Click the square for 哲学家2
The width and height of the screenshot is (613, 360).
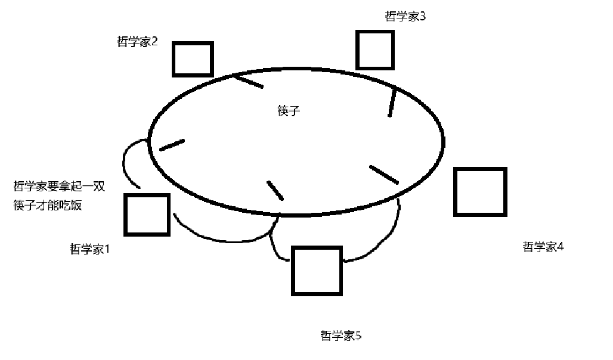pyautogui.click(x=193, y=59)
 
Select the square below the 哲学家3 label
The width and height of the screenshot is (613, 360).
pyautogui.click(x=374, y=49)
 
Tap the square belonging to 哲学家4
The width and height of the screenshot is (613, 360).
pyautogui.click(x=480, y=191)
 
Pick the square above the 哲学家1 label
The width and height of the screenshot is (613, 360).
pyautogui.click(x=147, y=214)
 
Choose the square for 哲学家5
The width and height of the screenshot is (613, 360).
pyautogui.click(x=317, y=270)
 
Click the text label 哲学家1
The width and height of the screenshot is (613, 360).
pyautogui.click(x=91, y=249)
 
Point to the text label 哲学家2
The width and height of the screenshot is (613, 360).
pyautogui.click(x=138, y=42)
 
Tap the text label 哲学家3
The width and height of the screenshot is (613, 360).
pyautogui.click(x=405, y=16)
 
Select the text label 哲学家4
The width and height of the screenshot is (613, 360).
pyautogui.click(x=543, y=247)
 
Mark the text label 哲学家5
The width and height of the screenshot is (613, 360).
pyautogui.click(x=341, y=336)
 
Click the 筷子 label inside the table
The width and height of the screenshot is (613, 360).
pyautogui.click(x=287, y=111)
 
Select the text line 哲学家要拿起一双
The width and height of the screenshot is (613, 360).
pyautogui.click(x=59, y=187)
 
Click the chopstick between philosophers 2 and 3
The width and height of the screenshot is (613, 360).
pyautogui.click(x=247, y=81)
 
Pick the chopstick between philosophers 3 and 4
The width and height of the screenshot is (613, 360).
pyautogui.click(x=392, y=102)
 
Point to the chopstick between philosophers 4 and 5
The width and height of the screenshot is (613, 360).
pyautogui.click(x=383, y=174)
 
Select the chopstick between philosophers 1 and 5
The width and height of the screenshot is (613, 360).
pyautogui.click(x=275, y=190)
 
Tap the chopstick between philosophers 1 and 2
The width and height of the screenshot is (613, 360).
pyautogui.click(x=172, y=145)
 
